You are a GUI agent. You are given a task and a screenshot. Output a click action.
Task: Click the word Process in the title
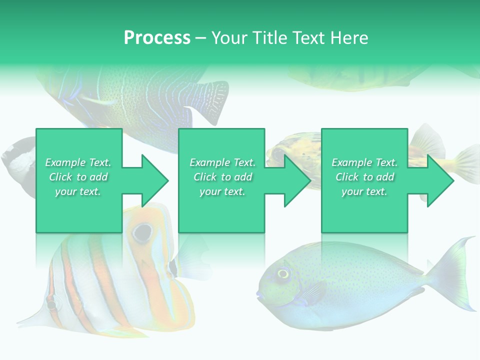click(157, 38)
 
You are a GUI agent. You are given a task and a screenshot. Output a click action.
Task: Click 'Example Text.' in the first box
click(78, 162)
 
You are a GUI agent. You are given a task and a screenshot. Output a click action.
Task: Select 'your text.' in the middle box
click(222, 191)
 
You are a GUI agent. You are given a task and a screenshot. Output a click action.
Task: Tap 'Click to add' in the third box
click(364, 177)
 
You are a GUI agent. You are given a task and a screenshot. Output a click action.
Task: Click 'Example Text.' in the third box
click(364, 162)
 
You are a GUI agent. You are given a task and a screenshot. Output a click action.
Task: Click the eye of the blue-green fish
click(283, 273)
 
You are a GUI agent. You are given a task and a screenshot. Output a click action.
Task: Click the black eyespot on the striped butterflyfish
click(142, 231)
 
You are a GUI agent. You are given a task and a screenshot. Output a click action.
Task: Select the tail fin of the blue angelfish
click(210, 100)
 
